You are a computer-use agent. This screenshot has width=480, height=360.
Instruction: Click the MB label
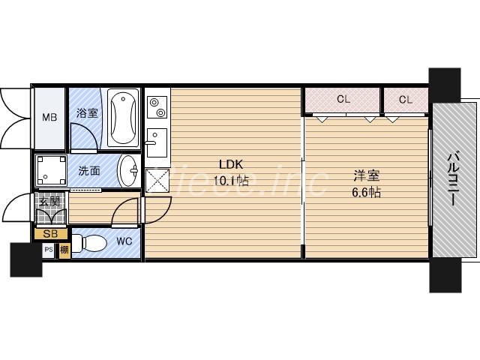coord(49,117)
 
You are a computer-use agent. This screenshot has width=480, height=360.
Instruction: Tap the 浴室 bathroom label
coord(87,114)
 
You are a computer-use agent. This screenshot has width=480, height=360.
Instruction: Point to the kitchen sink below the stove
coord(156,142)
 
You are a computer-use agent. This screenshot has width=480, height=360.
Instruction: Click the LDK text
coord(231,165)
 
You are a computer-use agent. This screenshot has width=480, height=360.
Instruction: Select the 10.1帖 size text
coord(231,180)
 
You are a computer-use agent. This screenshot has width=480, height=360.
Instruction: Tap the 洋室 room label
coord(367,177)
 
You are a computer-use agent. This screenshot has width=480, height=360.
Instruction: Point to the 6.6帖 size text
coord(367,192)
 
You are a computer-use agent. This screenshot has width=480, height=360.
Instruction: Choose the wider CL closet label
coord(343,99)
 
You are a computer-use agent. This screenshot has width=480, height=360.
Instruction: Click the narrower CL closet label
coord(406,99)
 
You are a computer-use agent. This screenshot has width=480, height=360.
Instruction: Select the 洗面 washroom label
coord(89,170)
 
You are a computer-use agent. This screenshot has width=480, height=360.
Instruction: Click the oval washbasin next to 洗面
coord(129,170)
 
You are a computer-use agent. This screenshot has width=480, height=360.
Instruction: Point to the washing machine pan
coord(51,171)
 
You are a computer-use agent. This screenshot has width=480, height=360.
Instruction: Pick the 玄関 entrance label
coord(49,200)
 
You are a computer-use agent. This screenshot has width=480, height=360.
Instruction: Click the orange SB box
coord(50,234)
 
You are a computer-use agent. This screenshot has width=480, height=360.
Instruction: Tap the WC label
coord(124,241)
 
